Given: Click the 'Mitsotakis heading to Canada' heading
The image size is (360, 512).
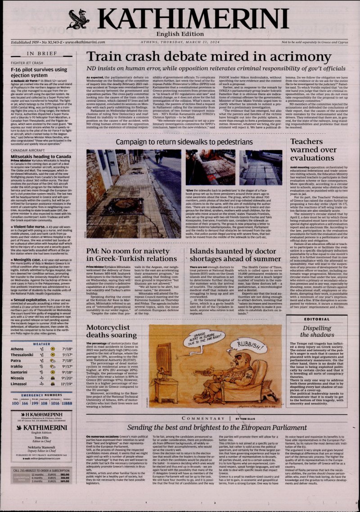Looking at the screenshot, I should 41,155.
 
